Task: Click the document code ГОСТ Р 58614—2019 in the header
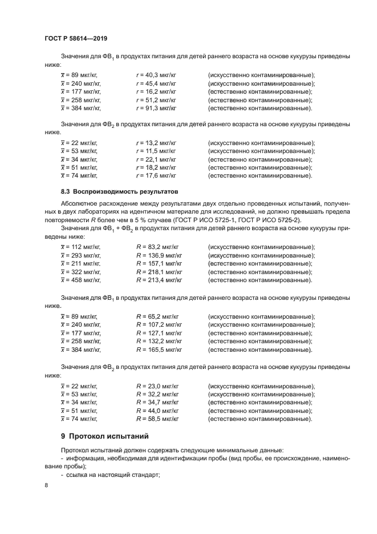(x=76, y=38)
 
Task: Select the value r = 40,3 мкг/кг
(x=156, y=75)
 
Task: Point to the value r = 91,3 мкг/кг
(x=156, y=108)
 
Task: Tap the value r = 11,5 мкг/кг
(x=156, y=151)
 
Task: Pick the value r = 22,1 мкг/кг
(x=156, y=159)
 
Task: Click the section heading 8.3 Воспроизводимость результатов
(x=119, y=192)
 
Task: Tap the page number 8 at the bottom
(x=46, y=485)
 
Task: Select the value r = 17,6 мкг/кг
(x=156, y=175)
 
